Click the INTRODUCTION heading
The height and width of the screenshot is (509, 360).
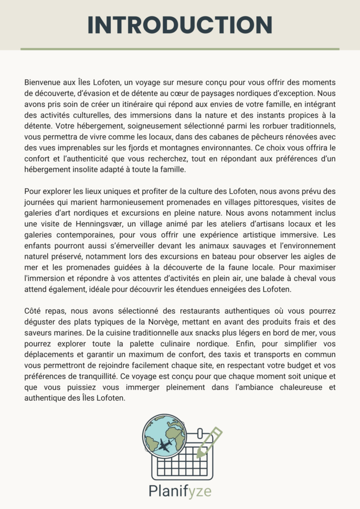[180, 25]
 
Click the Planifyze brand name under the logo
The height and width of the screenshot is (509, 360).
[180, 492]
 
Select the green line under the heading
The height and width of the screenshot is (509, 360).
[180, 49]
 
